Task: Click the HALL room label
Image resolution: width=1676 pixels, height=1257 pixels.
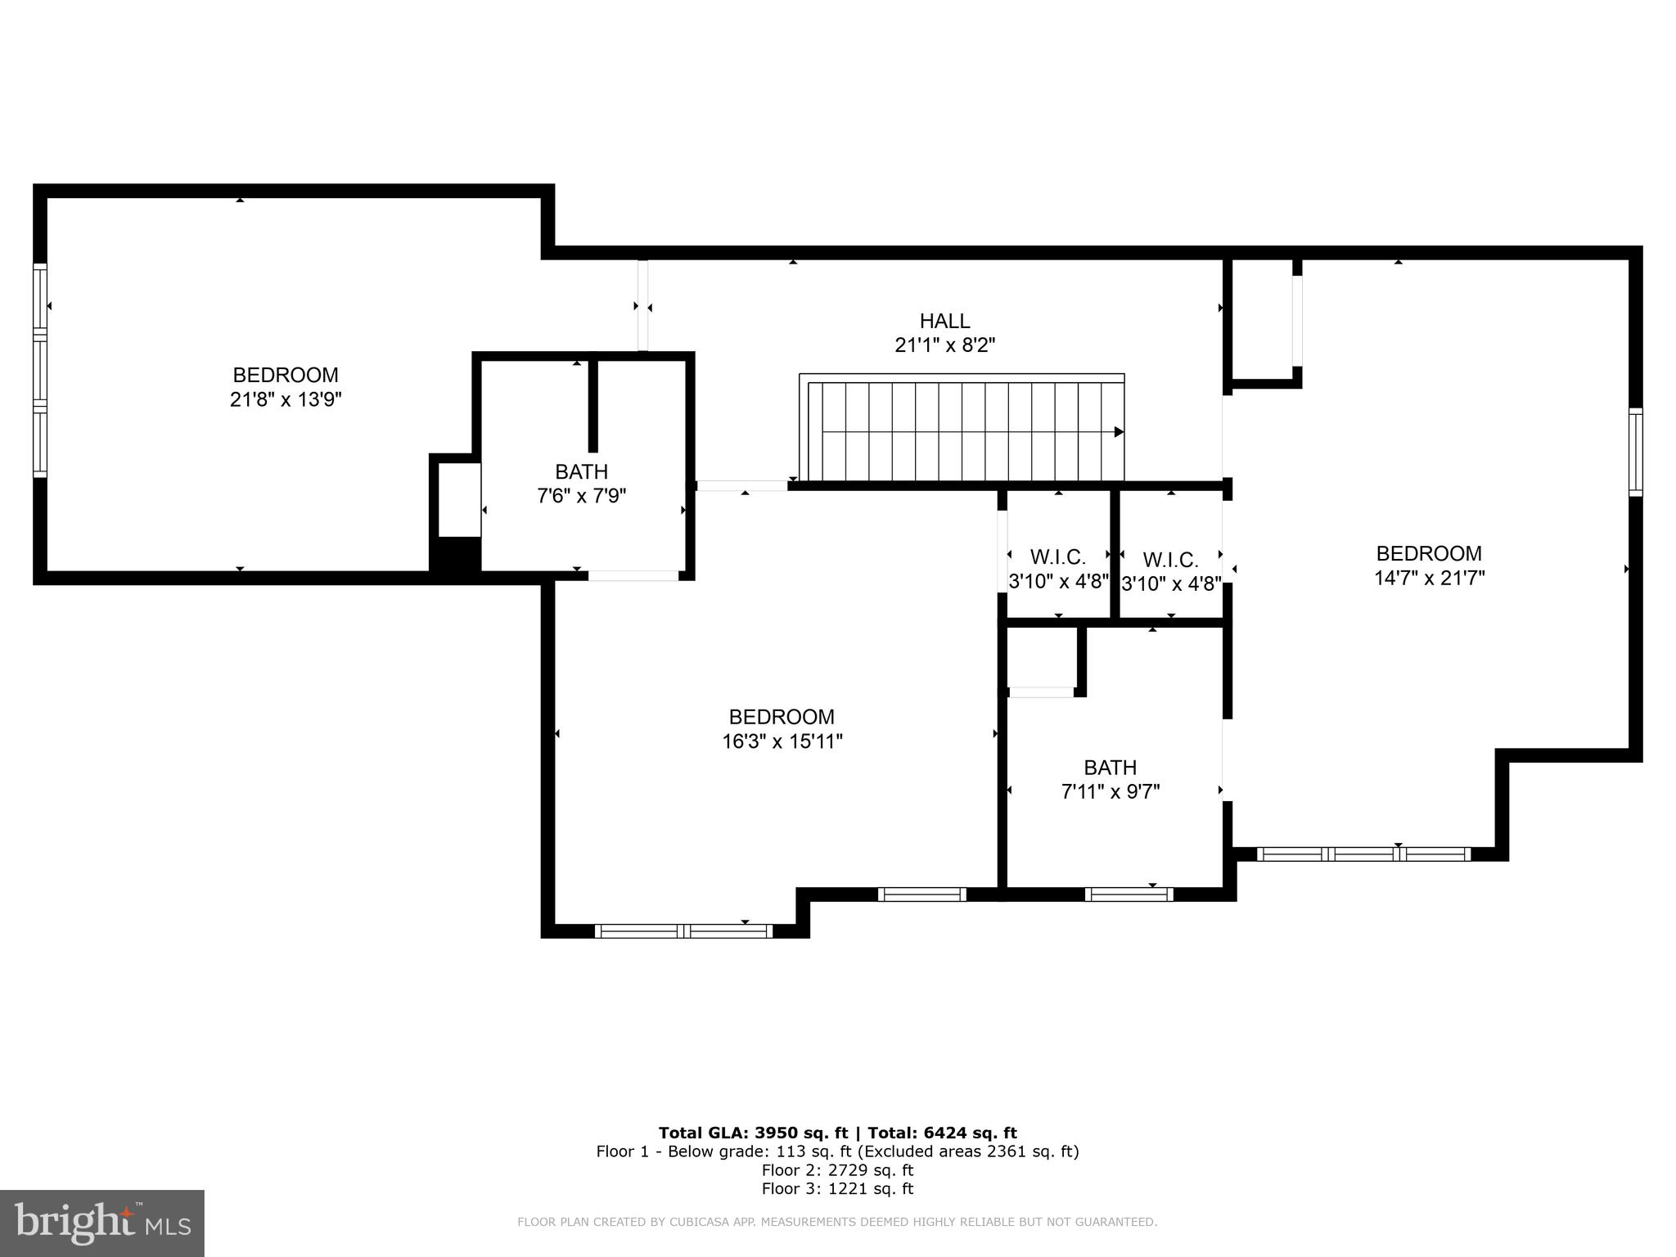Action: [944, 321]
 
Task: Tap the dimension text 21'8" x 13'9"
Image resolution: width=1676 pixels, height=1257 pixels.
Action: [285, 400]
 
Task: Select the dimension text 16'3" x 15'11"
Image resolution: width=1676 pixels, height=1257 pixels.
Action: [782, 741]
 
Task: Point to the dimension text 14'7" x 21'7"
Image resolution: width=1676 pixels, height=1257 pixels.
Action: [1429, 578]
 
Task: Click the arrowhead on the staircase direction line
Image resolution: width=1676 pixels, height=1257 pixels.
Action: [1119, 432]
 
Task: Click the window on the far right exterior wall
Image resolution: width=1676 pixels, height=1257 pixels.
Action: [1635, 452]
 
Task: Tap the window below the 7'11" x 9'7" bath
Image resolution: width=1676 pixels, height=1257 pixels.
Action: [1129, 894]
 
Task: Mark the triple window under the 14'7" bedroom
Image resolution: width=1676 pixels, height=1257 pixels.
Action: [1363, 854]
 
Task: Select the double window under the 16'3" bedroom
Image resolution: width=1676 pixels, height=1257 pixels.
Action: [683, 931]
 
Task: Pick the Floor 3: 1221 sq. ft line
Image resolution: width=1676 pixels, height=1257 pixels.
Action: [837, 1188]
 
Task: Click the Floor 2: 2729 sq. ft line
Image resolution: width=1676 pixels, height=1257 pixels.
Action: [837, 1170]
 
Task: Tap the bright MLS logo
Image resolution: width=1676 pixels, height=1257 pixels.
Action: [101, 1223]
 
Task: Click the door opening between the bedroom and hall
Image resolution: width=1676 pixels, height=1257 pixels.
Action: [643, 306]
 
